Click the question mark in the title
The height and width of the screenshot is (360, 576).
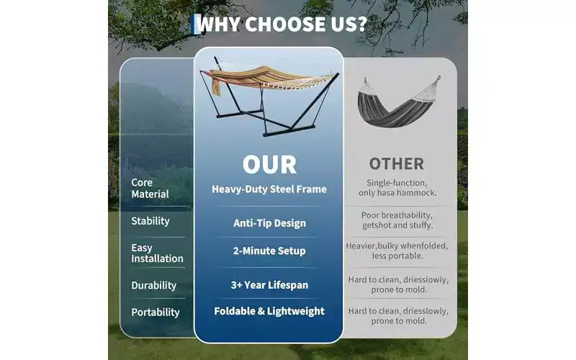click(x=361, y=24)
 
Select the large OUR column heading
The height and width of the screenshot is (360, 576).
click(x=269, y=164)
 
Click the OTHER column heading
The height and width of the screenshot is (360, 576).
click(x=397, y=164)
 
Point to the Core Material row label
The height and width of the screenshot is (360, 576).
click(x=150, y=188)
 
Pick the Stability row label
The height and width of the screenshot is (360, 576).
click(x=150, y=221)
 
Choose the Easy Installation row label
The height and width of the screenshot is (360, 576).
click(x=157, y=253)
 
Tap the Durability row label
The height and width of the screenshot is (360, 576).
click(x=153, y=285)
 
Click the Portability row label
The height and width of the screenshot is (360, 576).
click(x=156, y=312)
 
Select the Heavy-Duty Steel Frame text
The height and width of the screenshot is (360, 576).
click(x=269, y=189)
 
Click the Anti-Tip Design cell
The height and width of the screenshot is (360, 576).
click(x=269, y=223)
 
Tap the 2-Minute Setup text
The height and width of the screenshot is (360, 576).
click(x=269, y=251)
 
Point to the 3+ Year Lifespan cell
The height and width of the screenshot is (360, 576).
click(x=269, y=285)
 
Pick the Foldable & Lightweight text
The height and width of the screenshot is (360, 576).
click(x=269, y=311)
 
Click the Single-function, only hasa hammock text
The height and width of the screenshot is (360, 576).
click(x=397, y=188)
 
